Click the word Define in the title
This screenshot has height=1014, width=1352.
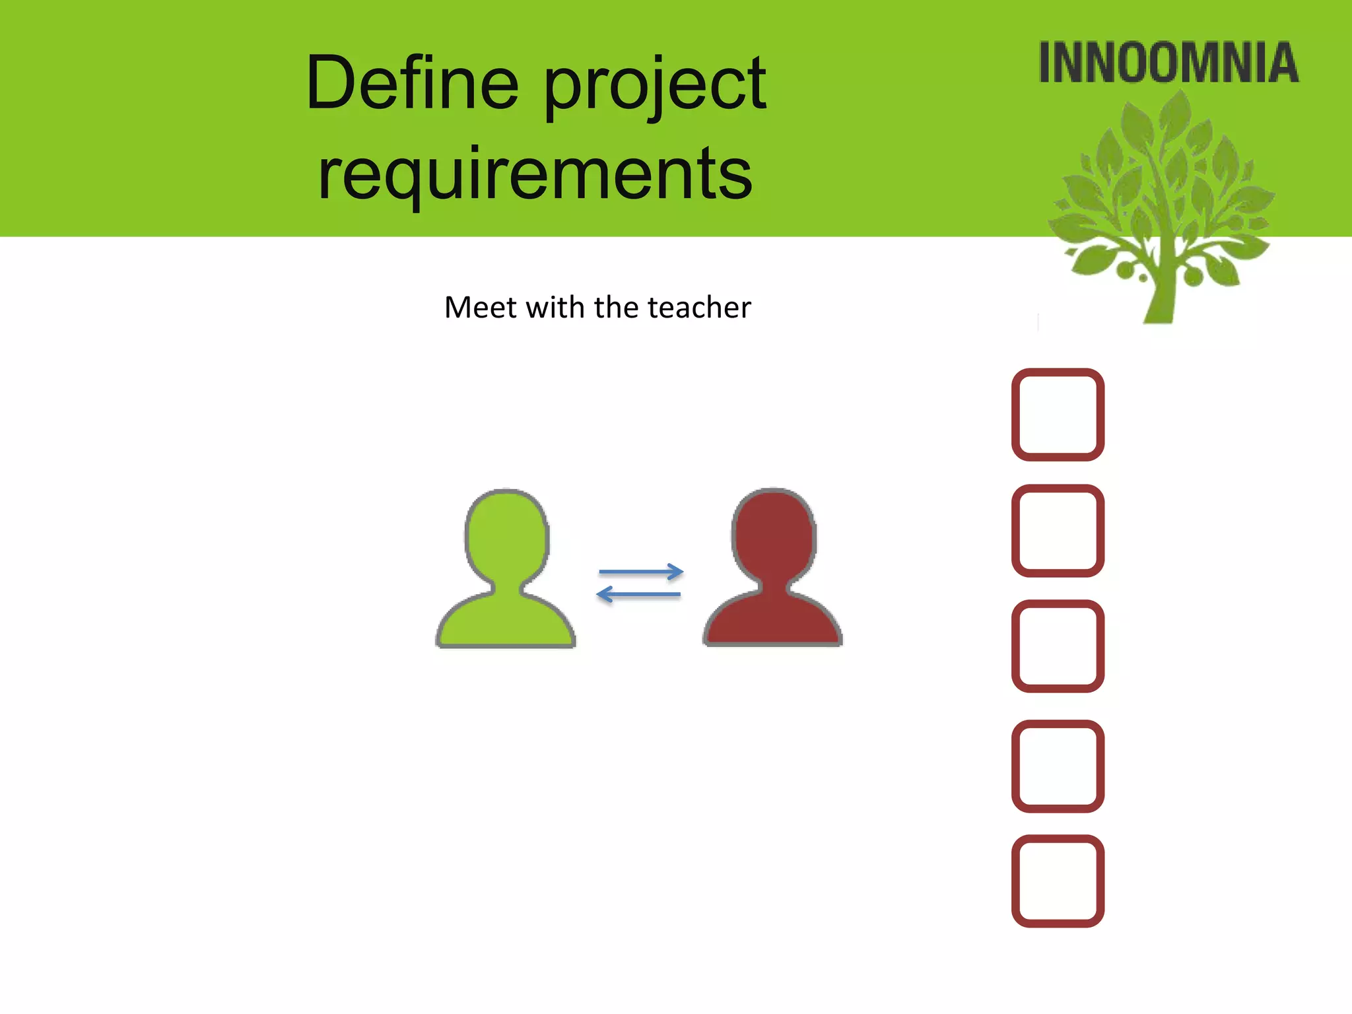[412, 83]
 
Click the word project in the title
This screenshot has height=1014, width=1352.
[655, 86]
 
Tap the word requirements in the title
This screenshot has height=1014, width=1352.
[535, 173]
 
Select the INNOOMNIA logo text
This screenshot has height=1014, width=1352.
[1168, 63]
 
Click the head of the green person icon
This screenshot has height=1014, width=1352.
[507, 535]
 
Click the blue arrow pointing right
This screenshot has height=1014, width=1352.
[640, 572]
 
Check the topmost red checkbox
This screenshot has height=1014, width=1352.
[1058, 415]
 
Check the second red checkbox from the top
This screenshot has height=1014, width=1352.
[1058, 531]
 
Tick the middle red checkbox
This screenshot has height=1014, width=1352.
[1058, 646]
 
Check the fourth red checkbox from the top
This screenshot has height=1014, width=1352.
[1058, 766]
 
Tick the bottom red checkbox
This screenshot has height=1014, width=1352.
[1058, 881]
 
